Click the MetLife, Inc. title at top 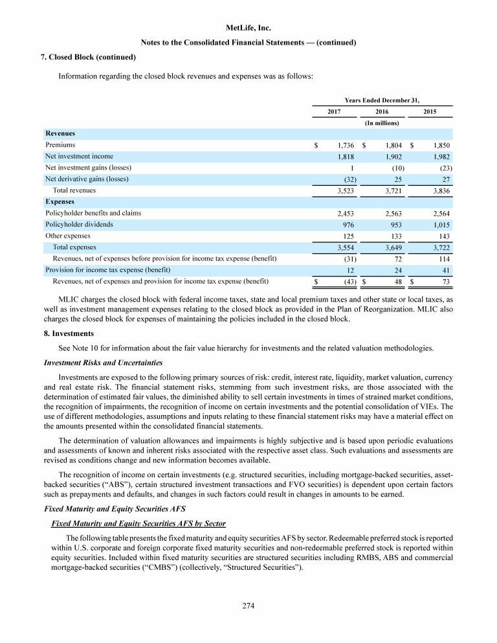pos(248,28)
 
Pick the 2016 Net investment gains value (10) pos(393,168)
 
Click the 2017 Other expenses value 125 pos(345,236)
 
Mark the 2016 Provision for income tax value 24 pos(396,270)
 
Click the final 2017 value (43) pos(345,282)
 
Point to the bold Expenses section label pos(60,202)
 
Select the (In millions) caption pos(382,122)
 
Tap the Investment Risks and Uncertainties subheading pos(102,361)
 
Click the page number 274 pos(248,606)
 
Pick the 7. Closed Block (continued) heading pos(88,57)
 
